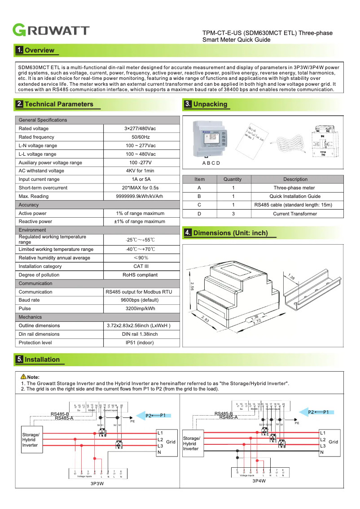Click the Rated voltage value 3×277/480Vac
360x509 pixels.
[x=140, y=128]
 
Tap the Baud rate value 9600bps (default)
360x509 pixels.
[x=140, y=300]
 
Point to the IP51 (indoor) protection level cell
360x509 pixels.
[x=140, y=343]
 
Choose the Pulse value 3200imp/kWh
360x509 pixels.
[x=140, y=309]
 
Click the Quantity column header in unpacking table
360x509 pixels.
[x=233, y=179]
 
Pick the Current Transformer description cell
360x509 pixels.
[x=295, y=214]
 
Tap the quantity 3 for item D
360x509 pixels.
[x=233, y=214]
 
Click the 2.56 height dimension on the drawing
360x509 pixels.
[x=192, y=286]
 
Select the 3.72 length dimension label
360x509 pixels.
[x=257, y=322]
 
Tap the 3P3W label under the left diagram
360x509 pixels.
[x=97, y=484]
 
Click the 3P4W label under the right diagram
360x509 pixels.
[x=259, y=481]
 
